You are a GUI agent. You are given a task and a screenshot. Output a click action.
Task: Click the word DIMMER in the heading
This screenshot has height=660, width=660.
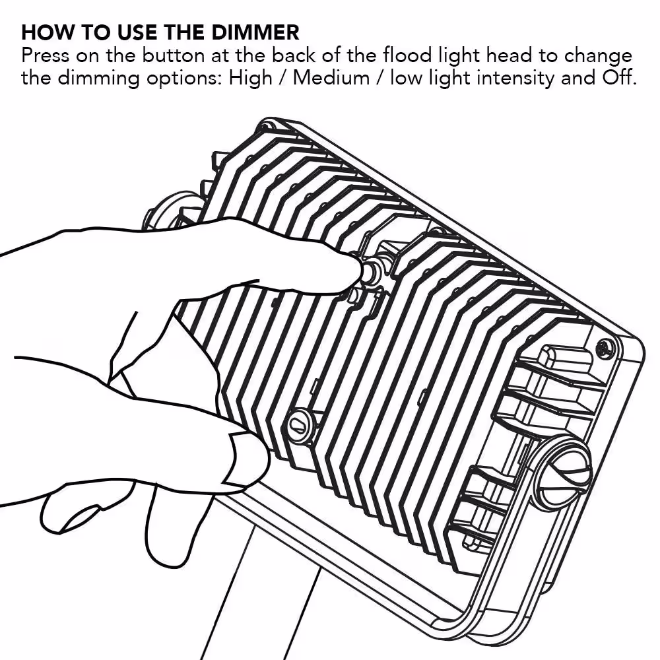(255, 32)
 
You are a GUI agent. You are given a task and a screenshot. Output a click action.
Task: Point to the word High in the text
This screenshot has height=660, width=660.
(250, 79)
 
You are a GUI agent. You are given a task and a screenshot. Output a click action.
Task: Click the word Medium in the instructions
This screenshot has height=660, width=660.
(331, 78)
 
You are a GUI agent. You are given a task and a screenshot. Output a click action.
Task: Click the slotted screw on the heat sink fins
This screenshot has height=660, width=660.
(300, 423)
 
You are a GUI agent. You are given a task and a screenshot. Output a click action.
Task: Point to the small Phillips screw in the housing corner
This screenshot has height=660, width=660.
(605, 348)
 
